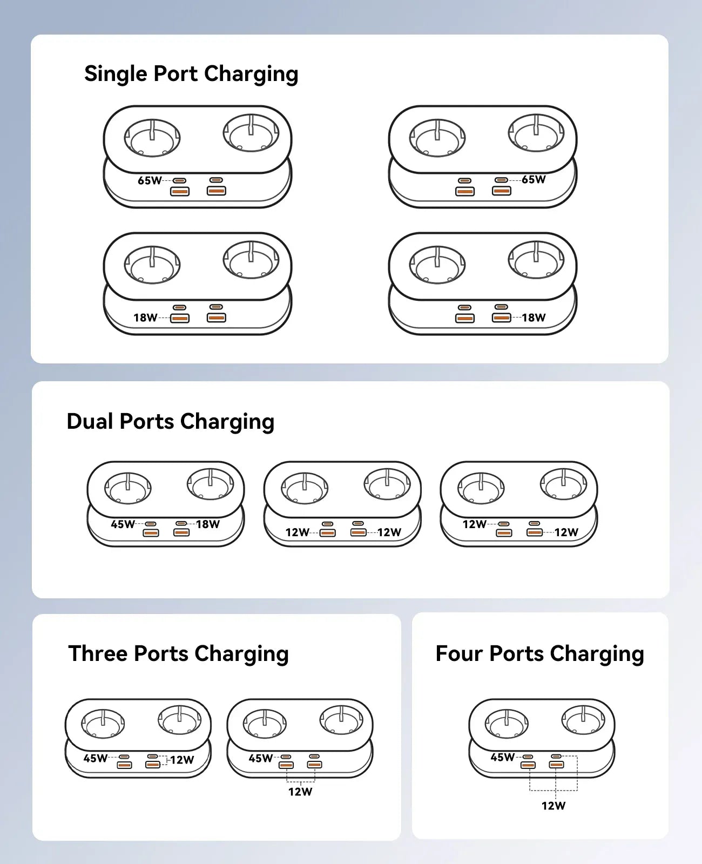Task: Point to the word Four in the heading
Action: coord(458,653)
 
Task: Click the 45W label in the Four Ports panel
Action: coord(502,757)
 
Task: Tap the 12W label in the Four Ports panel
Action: coord(553,806)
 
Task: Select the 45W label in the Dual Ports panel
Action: coord(123,524)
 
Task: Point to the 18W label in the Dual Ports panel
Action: coord(208,524)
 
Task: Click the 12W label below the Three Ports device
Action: coord(300,792)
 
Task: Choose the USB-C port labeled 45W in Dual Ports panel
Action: coord(151,524)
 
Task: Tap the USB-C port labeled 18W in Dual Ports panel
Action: coord(181,523)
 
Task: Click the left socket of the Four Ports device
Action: coord(507,724)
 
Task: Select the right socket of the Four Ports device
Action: coord(583,721)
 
